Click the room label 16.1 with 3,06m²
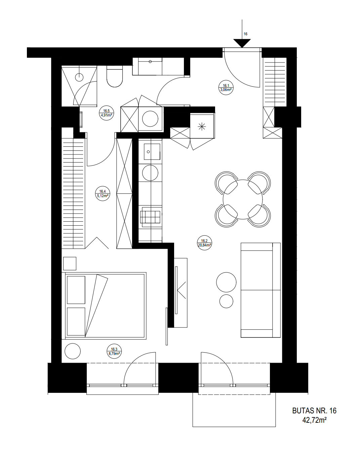226,88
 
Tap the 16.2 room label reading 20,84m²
204,243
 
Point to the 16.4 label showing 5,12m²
103,193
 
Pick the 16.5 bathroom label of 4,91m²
107,113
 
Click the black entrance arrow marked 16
242,43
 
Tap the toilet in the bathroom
115,76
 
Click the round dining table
243,199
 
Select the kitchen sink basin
152,151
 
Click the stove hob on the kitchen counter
150,217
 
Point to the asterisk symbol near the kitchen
202,127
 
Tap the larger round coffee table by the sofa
226,282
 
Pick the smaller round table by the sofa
226,301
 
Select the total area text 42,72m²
314,420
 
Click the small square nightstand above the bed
70,263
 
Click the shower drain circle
79,77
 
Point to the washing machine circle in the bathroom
150,119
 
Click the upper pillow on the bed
76,290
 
